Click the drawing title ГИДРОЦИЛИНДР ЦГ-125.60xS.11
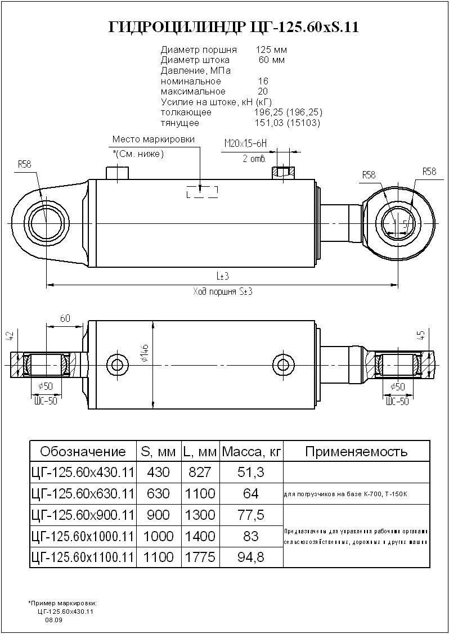[233, 28]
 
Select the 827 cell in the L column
[199, 471]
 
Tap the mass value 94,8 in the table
[251, 557]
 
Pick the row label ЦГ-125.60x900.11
[82, 515]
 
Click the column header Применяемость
[356, 451]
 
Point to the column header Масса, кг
[251, 451]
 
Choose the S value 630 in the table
[158, 493]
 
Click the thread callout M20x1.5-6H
[245, 144]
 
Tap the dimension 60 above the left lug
[65, 318]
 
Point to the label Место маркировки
[153, 140]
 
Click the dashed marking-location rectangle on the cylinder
[202, 192]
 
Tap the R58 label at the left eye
[24, 164]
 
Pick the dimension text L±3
[222, 277]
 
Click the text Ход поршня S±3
[222, 291]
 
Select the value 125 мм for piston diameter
[271, 50]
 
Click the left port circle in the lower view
[117, 364]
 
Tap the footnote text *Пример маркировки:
[62, 603]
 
